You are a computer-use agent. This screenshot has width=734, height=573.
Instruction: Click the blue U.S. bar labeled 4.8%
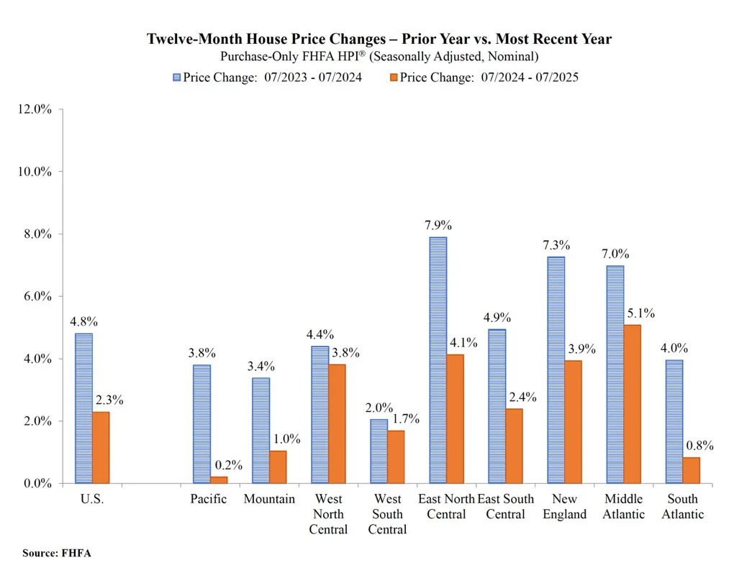83,408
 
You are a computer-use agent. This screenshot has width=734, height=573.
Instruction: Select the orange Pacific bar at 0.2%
219,480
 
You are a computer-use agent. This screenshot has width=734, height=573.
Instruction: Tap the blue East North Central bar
438,360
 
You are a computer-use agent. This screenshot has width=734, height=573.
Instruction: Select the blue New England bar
556,370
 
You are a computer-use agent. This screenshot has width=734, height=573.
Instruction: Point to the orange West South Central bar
396,457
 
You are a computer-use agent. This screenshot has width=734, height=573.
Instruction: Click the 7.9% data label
438,224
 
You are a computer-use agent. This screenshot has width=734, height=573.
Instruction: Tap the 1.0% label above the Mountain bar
286,439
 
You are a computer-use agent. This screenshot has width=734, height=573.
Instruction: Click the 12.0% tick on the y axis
33,109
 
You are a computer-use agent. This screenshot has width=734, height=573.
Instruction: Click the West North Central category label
328,514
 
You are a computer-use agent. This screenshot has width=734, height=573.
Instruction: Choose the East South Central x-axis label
506,506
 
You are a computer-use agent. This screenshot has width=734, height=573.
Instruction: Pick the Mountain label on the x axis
269,499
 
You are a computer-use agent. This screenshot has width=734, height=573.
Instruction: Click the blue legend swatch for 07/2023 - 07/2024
176,77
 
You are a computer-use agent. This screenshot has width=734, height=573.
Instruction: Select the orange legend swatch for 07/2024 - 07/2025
393,77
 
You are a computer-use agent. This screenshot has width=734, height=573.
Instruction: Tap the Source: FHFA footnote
57,553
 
